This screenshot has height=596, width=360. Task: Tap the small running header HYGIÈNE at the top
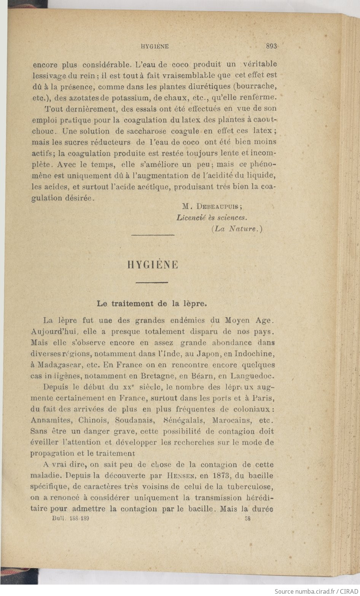(x=155, y=46)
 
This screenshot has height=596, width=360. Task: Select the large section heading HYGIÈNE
(x=153, y=265)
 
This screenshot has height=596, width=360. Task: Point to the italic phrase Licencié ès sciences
(x=212, y=218)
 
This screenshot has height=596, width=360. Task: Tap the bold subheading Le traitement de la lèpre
(x=152, y=304)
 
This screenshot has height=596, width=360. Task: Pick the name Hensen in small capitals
(x=180, y=476)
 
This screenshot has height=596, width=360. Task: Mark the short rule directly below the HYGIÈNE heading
(x=152, y=282)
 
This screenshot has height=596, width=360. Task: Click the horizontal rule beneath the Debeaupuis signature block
(x=153, y=235)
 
